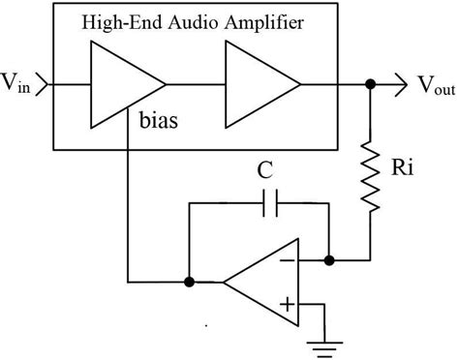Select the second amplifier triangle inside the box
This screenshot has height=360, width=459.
coord(258,84)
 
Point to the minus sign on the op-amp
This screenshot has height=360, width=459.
coord(287,260)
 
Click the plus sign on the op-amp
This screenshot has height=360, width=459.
coord(287,307)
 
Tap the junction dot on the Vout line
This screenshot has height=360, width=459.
coord(369,84)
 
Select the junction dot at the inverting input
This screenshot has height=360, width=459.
coord(329,260)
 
